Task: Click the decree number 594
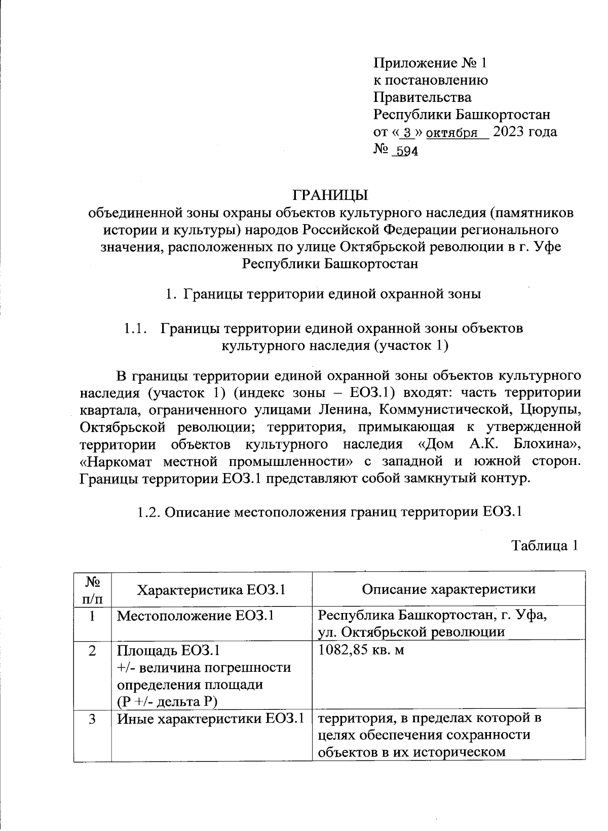(406, 151)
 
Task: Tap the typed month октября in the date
(452, 133)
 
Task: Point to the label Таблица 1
(544, 546)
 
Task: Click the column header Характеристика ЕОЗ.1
(211, 589)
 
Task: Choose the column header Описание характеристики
(448, 589)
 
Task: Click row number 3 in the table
(92, 718)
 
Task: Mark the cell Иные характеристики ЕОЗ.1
(211, 718)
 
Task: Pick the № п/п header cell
(92, 589)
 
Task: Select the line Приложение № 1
(430, 63)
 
